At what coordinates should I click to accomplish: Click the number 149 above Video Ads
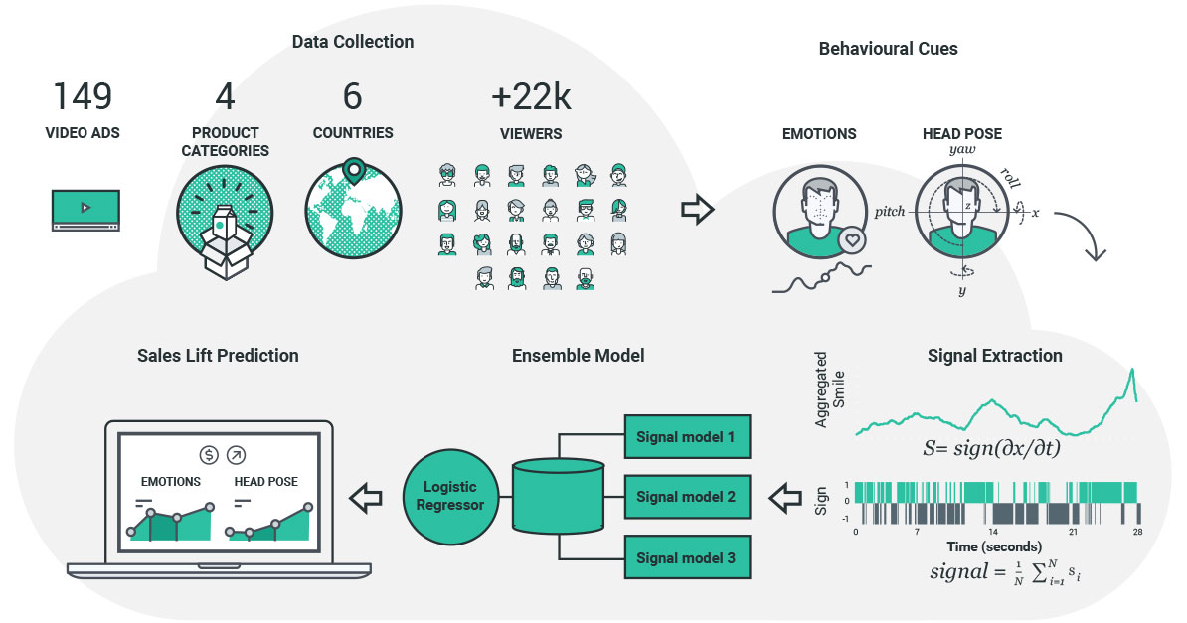coord(83,96)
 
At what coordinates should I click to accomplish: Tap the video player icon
coord(85,209)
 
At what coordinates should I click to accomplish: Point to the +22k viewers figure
coord(531,96)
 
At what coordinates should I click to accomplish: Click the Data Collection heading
coord(353,42)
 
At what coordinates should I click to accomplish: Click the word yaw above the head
coord(962,149)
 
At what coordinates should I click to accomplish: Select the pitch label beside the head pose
coord(890,212)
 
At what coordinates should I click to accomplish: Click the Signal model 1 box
coord(686,437)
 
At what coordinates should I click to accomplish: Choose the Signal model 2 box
coord(686,496)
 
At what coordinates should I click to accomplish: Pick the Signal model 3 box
coord(686,557)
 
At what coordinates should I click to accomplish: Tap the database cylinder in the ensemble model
coord(558,496)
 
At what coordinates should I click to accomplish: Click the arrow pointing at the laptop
coord(367,495)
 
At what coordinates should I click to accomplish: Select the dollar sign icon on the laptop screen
coord(209,455)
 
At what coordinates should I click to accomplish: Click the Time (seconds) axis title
coord(996,546)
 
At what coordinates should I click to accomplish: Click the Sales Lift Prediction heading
coord(218,355)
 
